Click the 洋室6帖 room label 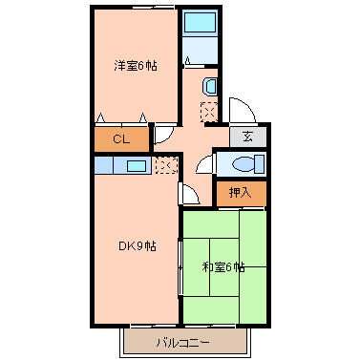pyautogui.click(x=136, y=66)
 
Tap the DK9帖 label pyautogui.click(x=138, y=246)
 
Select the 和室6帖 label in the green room pyautogui.click(x=223, y=267)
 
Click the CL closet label pyautogui.click(x=121, y=139)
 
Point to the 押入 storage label pyautogui.click(x=241, y=192)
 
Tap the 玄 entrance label pyautogui.click(x=247, y=137)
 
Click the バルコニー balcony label pyautogui.click(x=183, y=343)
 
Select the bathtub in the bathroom pyautogui.click(x=200, y=22)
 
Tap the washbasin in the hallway pyautogui.click(x=209, y=86)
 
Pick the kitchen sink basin pyautogui.click(x=137, y=166)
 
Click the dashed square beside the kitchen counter pyautogui.click(x=166, y=165)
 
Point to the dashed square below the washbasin pyautogui.click(x=209, y=112)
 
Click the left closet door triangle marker pyautogui.click(x=100, y=118)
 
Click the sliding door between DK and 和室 pyautogui.click(x=180, y=267)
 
